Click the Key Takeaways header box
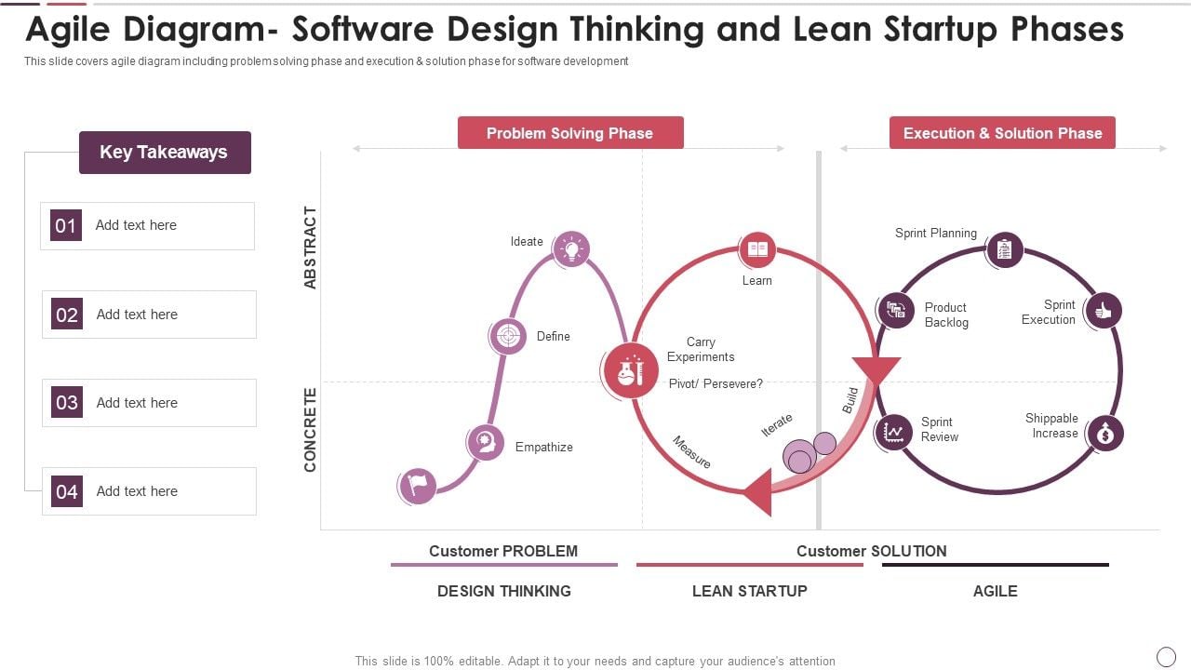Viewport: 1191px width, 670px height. coord(165,153)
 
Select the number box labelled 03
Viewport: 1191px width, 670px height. coord(66,403)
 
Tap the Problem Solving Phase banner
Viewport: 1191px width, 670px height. coord(570,133)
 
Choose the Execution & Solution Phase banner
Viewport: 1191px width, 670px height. coord(1002,133)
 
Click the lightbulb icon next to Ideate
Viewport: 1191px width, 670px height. coord(571,248)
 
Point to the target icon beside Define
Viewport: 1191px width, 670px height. coord(508,336)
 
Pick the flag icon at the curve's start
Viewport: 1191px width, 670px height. coord(417,485)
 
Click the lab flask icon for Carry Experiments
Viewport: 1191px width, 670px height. coord(630,370)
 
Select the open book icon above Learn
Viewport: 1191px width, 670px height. coord(757,249)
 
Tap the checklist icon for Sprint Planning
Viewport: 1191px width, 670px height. coord(1004,249)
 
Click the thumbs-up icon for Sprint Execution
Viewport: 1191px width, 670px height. coord(1104,311)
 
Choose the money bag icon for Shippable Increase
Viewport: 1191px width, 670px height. coord(1105,433)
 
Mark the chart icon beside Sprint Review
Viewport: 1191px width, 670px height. coord(894,432)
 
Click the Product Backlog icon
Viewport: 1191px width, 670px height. coord(895,311)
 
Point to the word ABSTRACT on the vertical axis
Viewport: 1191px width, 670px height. coord(311,248)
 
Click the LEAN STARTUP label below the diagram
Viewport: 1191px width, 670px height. coord(749,591)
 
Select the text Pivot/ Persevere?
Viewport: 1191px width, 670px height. coord(716,383)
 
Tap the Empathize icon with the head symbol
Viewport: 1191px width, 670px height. coord(485,442)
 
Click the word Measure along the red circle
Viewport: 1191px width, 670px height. coord(691,452)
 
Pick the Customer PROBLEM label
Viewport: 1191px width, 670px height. coord(503,551)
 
